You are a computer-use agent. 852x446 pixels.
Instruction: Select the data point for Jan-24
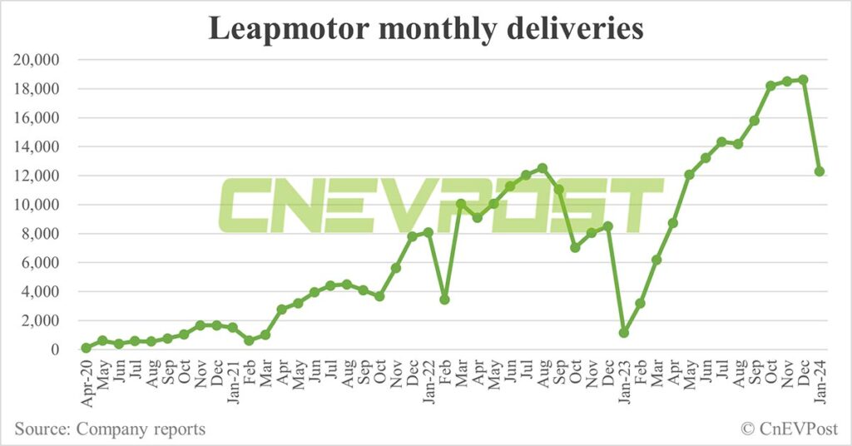pyautogui.click(x=820, y=171)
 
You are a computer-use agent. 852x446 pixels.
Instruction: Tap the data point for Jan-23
pyautogui.click(x=623, y=333)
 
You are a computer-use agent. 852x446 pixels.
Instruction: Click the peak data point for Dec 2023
pyautogui.click(x=803, y=80)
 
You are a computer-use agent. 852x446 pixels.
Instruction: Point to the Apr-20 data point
pyautogui.click(x=86, y=348)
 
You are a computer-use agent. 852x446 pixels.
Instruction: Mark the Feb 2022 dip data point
pyautogui.click(x=444, y=299)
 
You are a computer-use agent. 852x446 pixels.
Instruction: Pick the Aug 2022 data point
pyautogui.click(x=542, y=168)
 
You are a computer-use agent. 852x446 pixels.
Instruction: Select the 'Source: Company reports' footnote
pyautogui.click(x=109, y=429)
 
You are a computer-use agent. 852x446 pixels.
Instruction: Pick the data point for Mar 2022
pyautogui.click(x=461, y=204)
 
